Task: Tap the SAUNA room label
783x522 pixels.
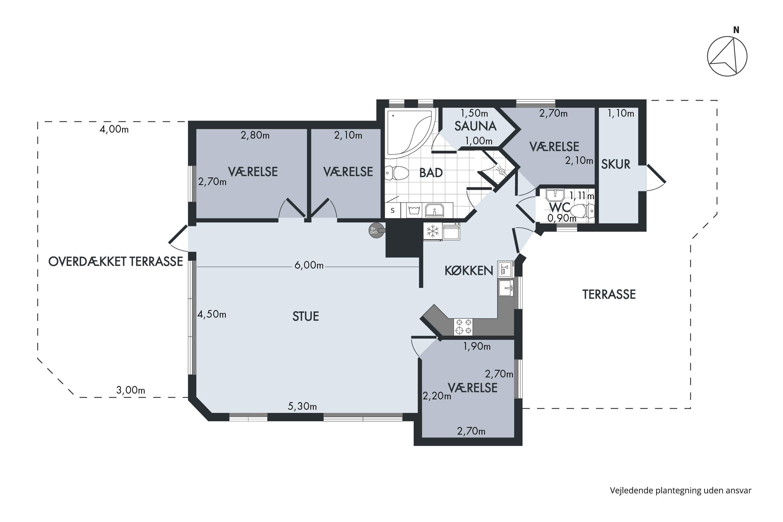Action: coord(475,126)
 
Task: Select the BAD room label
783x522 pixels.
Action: coord(431,173)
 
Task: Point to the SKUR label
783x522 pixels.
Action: coord(615,164)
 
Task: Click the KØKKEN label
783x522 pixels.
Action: coord(469,271)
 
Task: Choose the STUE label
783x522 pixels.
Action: coord(306,316)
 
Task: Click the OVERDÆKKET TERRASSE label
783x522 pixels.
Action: coord(116,262)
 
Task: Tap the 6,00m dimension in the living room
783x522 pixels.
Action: coord(309,265)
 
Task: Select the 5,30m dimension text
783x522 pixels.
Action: coord(302,406)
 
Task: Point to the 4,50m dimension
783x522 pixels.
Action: coord(212,314)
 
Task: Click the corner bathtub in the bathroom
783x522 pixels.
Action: coord(410,132)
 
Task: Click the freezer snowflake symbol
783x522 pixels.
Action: coord(433,231)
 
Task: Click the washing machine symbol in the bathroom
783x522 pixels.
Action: coord(414,210)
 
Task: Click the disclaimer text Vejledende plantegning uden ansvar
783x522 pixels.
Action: coord(680,490)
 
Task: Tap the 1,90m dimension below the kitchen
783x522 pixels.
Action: coord(477,347)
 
